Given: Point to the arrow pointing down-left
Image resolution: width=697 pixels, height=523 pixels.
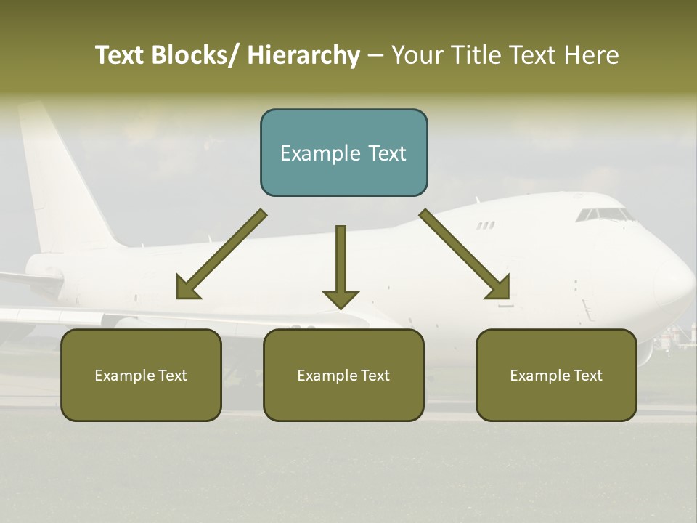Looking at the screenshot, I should coord(221,254).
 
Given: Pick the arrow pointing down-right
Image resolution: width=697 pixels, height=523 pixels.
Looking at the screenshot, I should coord(465,254).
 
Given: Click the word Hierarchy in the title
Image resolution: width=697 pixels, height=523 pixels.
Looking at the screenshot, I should coord(303,55).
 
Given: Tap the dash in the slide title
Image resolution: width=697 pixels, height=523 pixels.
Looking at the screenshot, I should coord(375,55).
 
